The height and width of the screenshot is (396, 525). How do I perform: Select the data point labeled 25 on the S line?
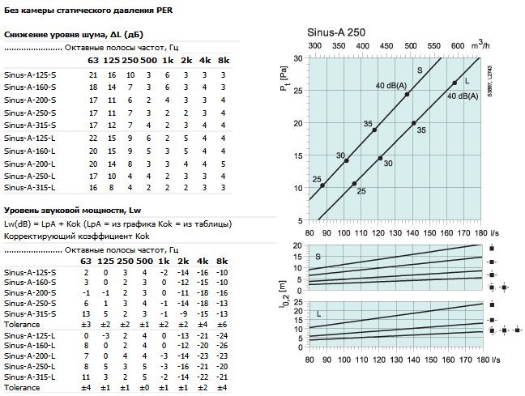(x=322, y=185)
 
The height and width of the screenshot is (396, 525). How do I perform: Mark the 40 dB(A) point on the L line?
(x=455, y=83)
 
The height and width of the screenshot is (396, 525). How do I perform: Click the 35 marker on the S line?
(x=374, y=130)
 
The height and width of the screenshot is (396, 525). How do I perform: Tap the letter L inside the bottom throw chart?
(x=319, y=313)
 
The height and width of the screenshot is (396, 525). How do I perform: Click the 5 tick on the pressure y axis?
(x=299, y=221)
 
